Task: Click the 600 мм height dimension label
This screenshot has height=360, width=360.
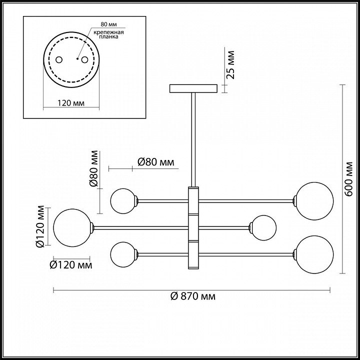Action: coord(349,179)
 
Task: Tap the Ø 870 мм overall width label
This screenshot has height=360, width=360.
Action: coord(193,296)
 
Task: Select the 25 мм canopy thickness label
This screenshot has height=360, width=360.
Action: coord(230,65)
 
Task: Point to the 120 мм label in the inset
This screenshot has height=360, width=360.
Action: coord(71,103)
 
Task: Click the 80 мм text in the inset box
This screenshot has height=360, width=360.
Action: coord(109,24)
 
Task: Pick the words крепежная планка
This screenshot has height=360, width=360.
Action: coord(109,34)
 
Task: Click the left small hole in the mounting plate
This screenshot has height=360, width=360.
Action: coord(59,59)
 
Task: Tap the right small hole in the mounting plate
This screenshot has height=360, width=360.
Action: coord(84,59)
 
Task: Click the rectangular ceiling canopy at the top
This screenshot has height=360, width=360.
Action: coord(193,88)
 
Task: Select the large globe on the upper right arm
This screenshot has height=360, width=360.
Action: coord(314,201)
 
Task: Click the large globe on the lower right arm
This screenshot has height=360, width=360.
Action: coord(314,254)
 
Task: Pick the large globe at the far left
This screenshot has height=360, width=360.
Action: coord(72,228)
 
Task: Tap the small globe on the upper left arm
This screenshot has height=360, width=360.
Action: coord(123,201)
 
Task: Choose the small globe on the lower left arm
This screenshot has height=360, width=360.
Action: coord(123,254)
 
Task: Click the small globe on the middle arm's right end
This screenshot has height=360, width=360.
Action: coord(263,228)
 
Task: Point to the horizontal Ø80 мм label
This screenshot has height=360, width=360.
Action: coord(156,162)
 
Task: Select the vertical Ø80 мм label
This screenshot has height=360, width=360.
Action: coord(93,168)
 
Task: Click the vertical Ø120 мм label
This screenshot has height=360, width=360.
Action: coord(39,226)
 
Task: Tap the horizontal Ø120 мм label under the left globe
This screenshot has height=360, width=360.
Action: coord(71,265)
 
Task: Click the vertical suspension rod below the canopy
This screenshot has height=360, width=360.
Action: coord(193,139)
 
